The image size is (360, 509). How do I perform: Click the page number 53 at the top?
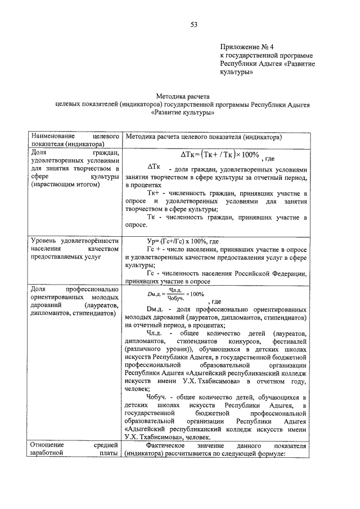[x=193, y=24]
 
